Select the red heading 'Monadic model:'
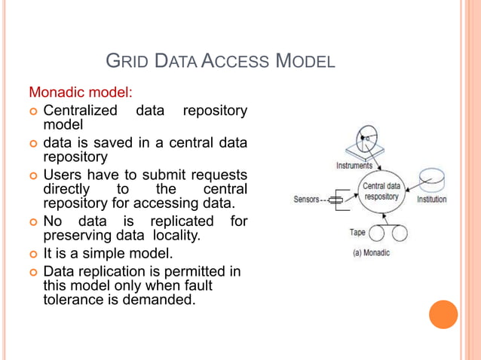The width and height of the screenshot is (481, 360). pos(81,93)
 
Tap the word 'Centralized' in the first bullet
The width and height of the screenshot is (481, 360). pos(81,111)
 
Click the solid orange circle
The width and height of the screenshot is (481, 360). pos(443,314)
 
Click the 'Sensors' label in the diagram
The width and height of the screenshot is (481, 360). pos(307,200)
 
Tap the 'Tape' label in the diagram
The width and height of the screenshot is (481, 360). pos(358,233)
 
